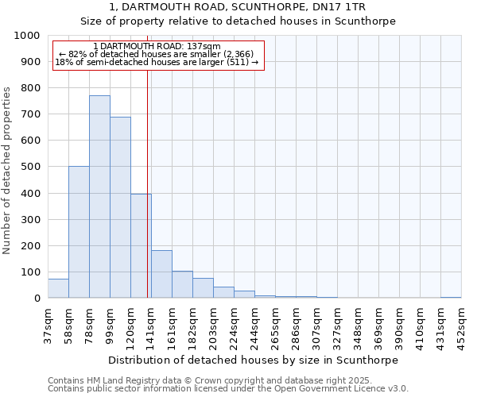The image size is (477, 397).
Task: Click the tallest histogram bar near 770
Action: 99,197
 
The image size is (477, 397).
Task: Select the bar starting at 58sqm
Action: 79,232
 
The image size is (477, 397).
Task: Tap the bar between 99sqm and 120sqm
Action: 120,207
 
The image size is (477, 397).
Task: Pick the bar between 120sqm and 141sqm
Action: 141,246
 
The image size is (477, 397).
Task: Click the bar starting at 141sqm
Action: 161,274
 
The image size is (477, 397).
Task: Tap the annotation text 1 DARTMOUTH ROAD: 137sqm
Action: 157,47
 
